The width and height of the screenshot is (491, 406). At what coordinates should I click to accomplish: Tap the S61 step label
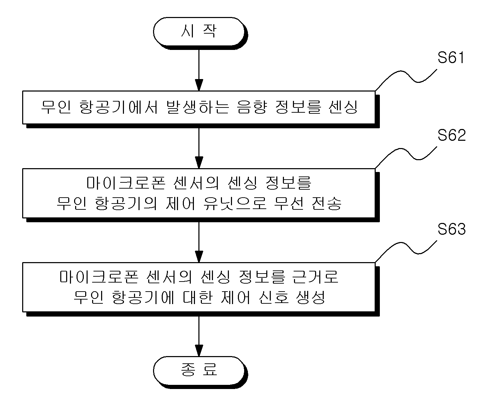click(x=451, y=58)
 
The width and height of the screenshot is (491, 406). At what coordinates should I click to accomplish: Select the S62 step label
click(x=452, y=135)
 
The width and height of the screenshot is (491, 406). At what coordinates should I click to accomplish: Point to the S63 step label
click(x=452, y=229)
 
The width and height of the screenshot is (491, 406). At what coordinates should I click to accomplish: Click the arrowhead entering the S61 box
click(x=199, y=85)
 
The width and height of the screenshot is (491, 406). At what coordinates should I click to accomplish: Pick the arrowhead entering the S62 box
click(x=199, y=163)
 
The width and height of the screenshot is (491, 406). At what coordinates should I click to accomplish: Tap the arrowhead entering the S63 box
click(x=199, y=257)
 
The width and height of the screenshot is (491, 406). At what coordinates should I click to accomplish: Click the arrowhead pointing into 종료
click(x=199, y=351)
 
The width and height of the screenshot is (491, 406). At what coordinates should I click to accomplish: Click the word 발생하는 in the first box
click(x=197, y=107)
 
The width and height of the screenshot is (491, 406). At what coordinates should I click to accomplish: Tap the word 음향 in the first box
click(x=252, y=107)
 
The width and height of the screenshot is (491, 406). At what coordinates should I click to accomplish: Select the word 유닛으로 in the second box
click(x=235, y=203)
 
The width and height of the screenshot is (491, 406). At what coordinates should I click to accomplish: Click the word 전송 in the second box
click(x=327, y=203)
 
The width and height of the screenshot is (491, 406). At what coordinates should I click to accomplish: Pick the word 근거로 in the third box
click(x=315, y=277)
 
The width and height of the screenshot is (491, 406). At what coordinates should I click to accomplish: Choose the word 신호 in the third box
click(x=274, y=297)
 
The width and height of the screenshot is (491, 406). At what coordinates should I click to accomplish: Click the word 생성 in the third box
click(x=310, y=297)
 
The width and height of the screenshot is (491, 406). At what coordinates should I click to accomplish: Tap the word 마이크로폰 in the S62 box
click(x=126, y=183)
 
